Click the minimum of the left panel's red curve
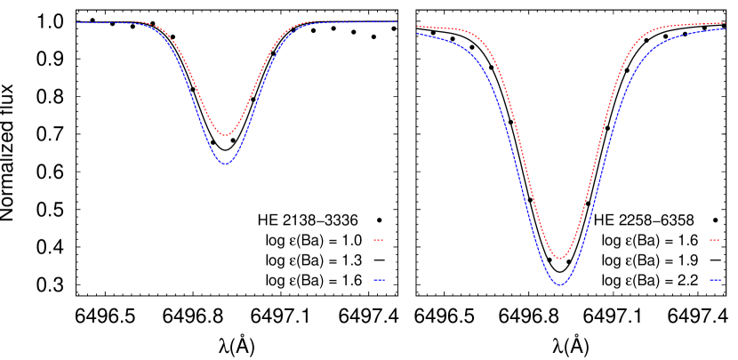point(226,135)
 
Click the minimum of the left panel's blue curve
point(226,164)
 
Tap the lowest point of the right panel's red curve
point(559,259)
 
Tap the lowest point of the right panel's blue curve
point(559,284)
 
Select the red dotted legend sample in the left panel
point(378,240)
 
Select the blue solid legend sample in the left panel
point(379,279)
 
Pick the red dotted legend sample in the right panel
point(714,240)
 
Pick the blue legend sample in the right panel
point(715,279)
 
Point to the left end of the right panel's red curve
point(417,27)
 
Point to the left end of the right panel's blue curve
point(417,34)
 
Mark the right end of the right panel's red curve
point(725,23)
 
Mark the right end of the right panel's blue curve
point(725,28)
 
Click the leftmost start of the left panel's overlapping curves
point(76,22)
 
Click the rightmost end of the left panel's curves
point(397,21)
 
